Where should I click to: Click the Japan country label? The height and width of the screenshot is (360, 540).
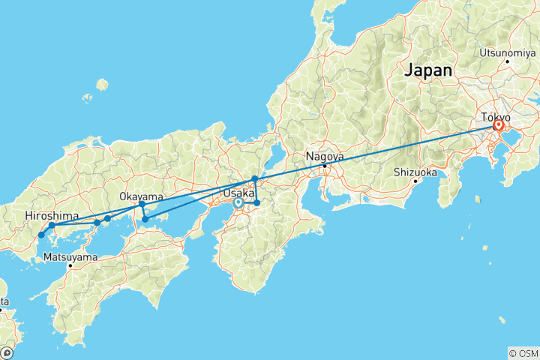pyautogui.click(x=428, y=70)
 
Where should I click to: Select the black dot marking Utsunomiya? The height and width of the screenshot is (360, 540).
pyautogui.click(x=507, y=61)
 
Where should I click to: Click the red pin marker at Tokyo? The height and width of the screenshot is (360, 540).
pyautogui.click(x=497, y=126)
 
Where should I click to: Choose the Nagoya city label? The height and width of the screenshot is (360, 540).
pyautogui.click(x=324, y=157)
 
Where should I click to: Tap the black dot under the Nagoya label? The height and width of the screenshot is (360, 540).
pyautogui.click(x=324, y=166)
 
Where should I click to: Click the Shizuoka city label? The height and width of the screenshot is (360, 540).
pyautogui.click(x=415, y=172)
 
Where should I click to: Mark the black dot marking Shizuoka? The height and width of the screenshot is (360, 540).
pyautogui.click(x=415, y=181)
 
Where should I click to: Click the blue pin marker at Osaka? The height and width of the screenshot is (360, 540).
pyautogui.click(x=238, y=202)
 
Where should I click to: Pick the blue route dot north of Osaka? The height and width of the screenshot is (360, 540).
pyautogui.click(x=255, y=178)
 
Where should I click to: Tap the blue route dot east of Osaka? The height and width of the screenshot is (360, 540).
pyautogui.click(x=256, y=203)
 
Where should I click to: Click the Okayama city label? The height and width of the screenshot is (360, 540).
pyautogui.click(x=141, y=196)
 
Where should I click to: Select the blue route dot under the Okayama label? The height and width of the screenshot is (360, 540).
pyautogui.click(x=142, y=204)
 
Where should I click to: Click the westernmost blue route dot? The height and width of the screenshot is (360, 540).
pyautogui.click(x=41, y=235)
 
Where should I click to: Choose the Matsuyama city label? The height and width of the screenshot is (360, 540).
pyautogui.click(x=70, y=256)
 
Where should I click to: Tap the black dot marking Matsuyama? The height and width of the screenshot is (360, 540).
pyautogui.click(x=70, y=265)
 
